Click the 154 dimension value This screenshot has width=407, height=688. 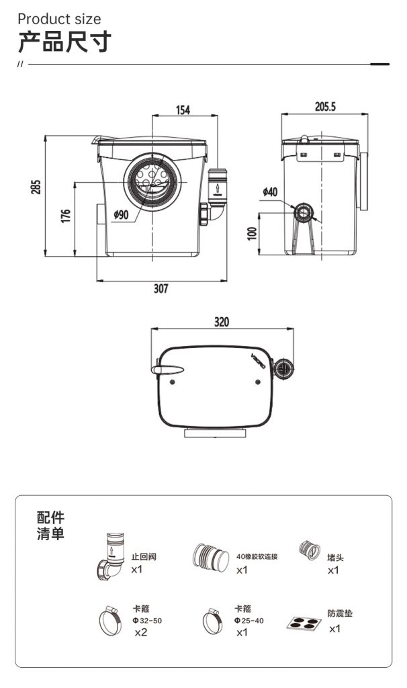pos(183,110)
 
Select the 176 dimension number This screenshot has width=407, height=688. pos(65,216)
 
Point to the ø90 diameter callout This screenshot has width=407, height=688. pos(121,214)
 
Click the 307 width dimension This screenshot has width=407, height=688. pos(161,288)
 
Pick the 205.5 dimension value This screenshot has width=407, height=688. pos(325,106)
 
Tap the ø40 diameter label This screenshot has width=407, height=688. pos(270,191)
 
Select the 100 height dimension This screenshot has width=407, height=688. pos(252,233)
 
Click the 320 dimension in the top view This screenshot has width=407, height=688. pos(222,322)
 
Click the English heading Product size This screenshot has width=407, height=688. pos(59,19)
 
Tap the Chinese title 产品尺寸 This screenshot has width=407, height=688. pos(64,42)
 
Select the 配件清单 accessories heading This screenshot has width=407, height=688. pos(50,525)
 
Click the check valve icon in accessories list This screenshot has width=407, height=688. pos(111,556)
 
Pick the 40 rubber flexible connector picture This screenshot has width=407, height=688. pos(211,558)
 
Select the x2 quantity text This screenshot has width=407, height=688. pos(141,632)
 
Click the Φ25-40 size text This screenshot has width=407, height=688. pos(248,620)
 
